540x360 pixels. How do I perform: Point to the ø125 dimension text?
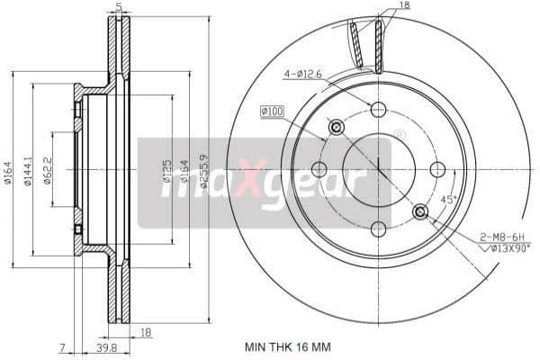tap(166, 171)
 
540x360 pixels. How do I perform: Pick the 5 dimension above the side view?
tap(119, 7)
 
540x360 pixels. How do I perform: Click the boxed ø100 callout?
tap(272, 111)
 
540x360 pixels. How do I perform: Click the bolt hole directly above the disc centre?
tap(378, 110)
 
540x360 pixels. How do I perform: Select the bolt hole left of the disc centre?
tap(319, 169)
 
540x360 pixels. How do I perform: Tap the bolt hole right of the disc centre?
tap(438, 169)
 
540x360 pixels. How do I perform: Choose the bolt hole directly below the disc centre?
tap(378, 229)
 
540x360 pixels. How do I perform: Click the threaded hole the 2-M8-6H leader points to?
tap(420, 211)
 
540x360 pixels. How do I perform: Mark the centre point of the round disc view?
tap(378, 169)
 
